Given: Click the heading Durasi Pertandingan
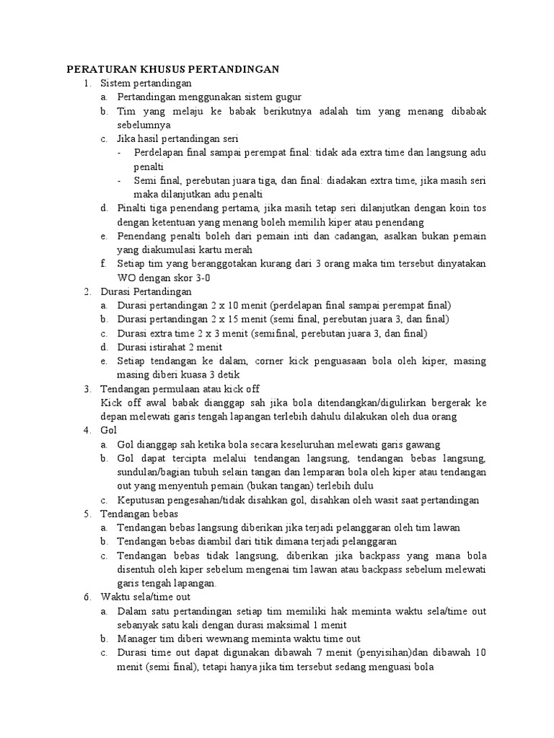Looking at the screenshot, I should tap(146, 291).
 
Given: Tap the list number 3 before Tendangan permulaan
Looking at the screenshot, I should tap(86, 388).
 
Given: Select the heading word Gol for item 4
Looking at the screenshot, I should tap(109, 430).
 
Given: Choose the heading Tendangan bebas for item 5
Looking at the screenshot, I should tap(138, 514).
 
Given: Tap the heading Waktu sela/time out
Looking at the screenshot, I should tap(146, 597).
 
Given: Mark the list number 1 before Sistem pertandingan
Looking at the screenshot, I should tap(86, 84).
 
